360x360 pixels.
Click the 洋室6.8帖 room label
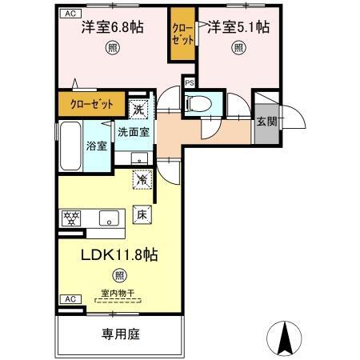pyautogui.click(x=112, y=26)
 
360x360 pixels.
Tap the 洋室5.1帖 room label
pyautogui.click(x=238, y=26)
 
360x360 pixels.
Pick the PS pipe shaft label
pyautogui.click(x=190, y=82)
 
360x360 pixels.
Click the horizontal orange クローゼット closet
pyautogui.click(x=92, y=104)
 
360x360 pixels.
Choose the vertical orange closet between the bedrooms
pyautogui.click(x=182, y=34)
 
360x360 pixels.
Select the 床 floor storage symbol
pyautogui.click(x=142, y=214)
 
